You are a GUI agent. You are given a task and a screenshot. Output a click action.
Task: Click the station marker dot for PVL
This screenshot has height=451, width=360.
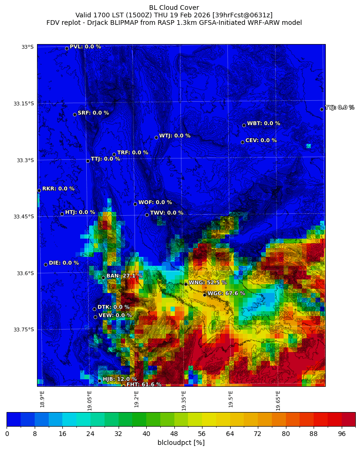(67, 48)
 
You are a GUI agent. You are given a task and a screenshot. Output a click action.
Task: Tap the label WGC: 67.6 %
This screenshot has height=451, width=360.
(226, 293)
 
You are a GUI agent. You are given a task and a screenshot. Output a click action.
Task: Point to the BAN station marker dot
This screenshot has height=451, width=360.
(103, 278)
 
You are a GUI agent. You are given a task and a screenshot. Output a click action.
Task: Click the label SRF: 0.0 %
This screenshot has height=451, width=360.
(93, 113)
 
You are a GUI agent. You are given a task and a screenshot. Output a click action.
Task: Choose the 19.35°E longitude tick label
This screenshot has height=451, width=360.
(184, 400)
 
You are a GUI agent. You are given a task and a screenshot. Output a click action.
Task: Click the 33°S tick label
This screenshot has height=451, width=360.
(27, 47)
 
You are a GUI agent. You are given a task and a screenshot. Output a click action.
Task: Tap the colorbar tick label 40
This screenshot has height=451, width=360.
(146, 434)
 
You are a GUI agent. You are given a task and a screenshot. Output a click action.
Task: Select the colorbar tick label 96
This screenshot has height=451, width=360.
(342, 434)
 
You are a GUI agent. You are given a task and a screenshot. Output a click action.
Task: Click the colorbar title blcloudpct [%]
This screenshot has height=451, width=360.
(181, 443)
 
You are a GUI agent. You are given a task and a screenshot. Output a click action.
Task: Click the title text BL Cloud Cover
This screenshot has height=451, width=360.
(174, 8)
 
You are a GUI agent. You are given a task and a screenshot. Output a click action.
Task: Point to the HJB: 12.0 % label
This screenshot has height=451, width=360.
(120, 379)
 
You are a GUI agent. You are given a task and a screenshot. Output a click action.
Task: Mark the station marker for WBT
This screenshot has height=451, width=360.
(244, 125)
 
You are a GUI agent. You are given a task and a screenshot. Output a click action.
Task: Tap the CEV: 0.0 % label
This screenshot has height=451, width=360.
(261, 141)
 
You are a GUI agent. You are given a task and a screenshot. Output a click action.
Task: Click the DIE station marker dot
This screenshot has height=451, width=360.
(45, 264)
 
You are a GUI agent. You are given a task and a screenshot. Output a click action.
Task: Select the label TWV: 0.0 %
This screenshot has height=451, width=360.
(166, 213)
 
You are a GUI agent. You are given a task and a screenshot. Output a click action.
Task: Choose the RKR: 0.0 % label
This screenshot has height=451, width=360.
(58, 189)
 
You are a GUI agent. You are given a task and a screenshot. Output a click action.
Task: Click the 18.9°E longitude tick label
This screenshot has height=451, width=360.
(42, 399)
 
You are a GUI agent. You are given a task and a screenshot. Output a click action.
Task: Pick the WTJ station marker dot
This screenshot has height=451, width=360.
(156, 137)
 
